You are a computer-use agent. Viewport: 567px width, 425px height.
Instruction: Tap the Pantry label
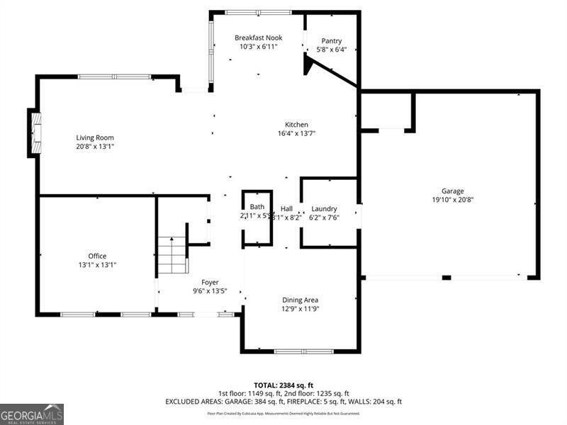[x=332, y=41]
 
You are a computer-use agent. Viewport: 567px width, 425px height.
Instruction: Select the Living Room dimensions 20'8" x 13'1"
[x=95, y=147]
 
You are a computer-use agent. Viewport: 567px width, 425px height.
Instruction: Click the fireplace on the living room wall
[x=34, y=132]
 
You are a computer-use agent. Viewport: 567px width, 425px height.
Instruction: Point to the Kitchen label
[x=296, y=125]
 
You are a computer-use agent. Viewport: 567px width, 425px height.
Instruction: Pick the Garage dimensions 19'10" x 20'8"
[x=452, y=200]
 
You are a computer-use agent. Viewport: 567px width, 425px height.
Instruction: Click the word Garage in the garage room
[x=452, y=191]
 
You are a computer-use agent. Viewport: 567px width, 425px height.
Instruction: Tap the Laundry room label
[x=324, y=209]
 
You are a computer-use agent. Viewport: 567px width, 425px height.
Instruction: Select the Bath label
[x=257, y=207]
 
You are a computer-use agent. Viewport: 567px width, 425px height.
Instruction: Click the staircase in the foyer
[x=172, y=255]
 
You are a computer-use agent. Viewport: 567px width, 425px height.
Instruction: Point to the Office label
[x=97, y=256]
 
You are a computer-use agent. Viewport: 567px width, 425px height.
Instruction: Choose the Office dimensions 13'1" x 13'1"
[x=97, y=265]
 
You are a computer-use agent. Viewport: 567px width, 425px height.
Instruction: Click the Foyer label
[x=210, y=282]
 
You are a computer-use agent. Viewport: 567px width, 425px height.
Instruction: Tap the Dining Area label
[x=301, y=300]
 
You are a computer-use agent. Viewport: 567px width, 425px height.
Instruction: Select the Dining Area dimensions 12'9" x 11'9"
[x=301, y=309]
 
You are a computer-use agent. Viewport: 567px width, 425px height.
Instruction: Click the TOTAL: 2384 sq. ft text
[x=283, y=385]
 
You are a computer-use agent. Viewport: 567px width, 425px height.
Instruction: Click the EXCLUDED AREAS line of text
[x=283, y=402]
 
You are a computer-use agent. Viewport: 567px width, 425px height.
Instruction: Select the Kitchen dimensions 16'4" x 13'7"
[x=296, y=133]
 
